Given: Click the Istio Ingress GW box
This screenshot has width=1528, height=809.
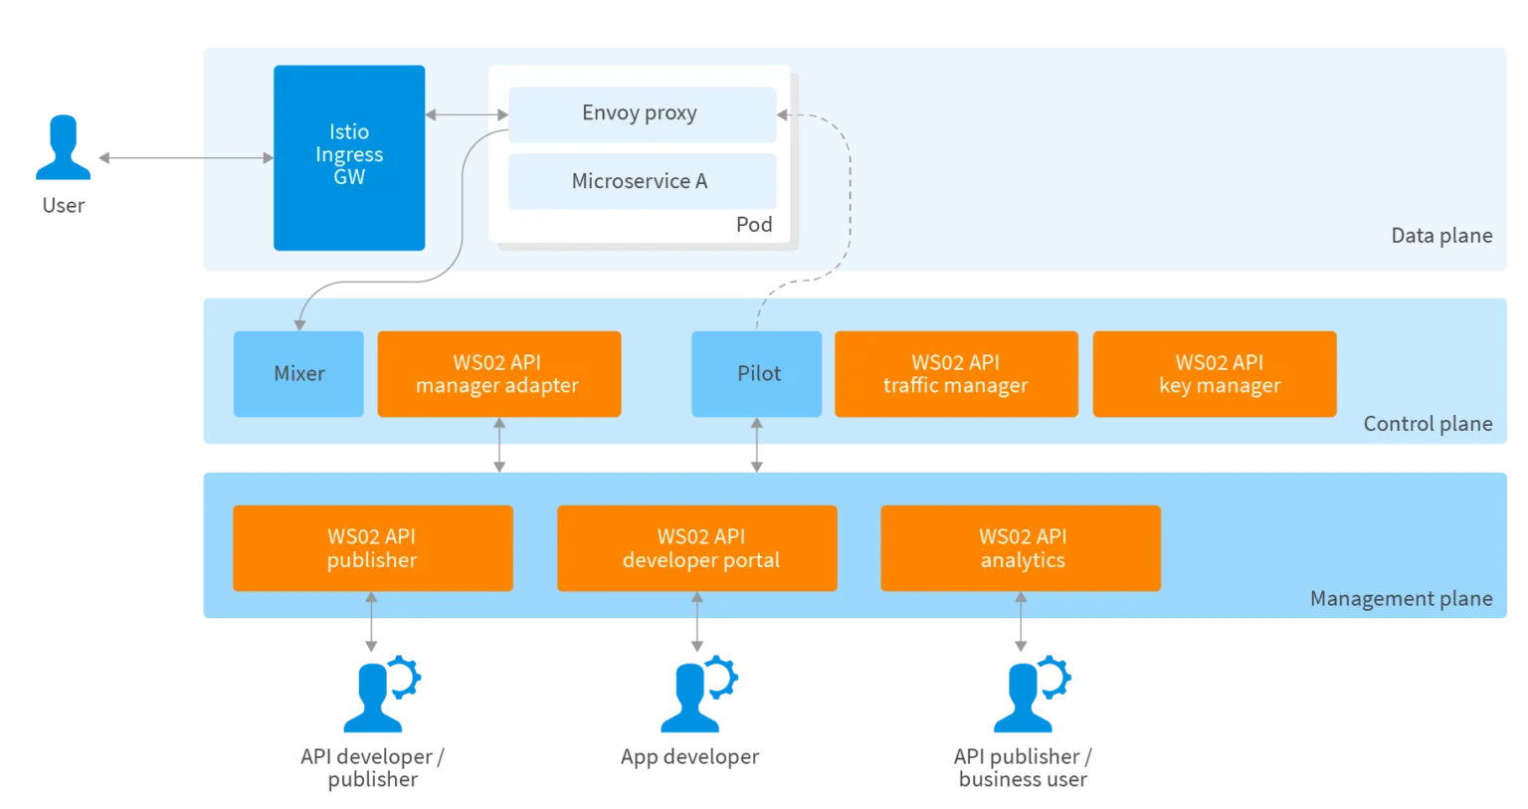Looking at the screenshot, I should tap(349, 157).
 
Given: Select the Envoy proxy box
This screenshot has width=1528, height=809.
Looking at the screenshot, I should tap(642, 113).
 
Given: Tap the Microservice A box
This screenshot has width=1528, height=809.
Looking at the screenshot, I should tap(642, 181).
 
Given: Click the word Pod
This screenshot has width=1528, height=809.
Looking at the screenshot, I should tap(753, 225).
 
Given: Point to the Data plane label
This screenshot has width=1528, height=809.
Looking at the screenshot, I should tap(1440, 236).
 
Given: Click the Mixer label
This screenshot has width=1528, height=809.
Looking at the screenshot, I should tap(299, 374).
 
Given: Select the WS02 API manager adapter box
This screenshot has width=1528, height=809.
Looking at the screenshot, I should tap(498, 374).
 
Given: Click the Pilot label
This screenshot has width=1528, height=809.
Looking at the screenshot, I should tap(759, 374).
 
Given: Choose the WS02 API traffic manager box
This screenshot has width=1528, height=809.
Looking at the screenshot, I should tap(955, 374).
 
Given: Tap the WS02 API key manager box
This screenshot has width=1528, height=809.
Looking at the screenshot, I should tap(1214, 374).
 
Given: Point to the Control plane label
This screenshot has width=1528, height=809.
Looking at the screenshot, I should tap(1427, 424).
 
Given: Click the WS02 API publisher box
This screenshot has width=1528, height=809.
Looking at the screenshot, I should tap(372, 548).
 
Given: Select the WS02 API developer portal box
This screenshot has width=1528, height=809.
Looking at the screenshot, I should tap(696, 548).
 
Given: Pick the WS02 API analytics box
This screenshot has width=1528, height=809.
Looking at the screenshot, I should tap(1021, 548).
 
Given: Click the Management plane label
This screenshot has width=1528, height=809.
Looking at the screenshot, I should tap(1400, 599).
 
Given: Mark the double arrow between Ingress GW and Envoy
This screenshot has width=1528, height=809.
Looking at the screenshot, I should tap(467, 115).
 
